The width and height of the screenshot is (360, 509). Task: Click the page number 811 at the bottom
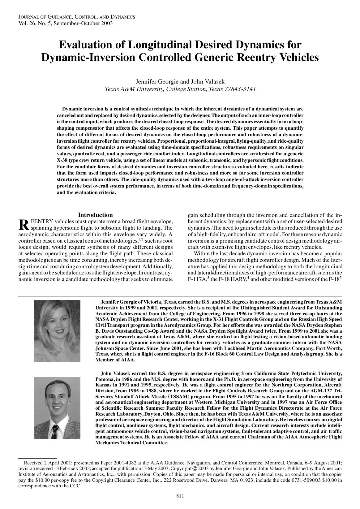point(180,496)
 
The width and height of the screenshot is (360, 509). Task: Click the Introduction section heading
point(95,215)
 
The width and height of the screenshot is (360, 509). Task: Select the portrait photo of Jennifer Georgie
point(57,331)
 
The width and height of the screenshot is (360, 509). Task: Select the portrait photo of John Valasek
point(57,408)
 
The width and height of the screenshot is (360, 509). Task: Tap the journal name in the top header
point(77,17)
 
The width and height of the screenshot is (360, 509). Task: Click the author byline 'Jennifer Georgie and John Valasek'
point(180,82)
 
